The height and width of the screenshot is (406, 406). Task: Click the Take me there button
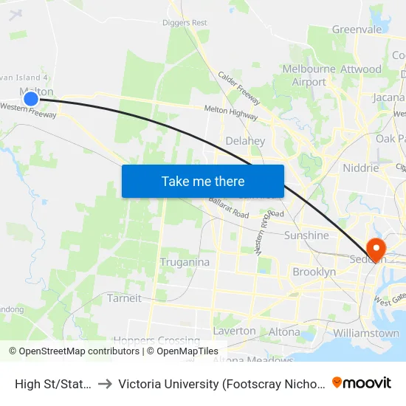click(x=203, y=181)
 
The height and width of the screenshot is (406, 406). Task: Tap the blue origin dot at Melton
click(x=30, y=98)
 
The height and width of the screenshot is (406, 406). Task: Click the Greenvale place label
click(x=357, y=30)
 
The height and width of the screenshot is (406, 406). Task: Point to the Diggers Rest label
click(x=185, y=22)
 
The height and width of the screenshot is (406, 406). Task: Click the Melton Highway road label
click(x=231, y=111)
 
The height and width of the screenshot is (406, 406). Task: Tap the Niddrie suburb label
click(x=360, y=168)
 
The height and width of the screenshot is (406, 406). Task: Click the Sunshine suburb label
click(x=306, y=235)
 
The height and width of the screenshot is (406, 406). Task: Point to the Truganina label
click(x=185, y=262)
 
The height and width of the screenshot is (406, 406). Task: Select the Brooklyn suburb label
click(x=314, y=272)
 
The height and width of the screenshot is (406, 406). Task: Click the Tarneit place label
click(x=124, y=298)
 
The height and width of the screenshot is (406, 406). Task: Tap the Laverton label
click(x=234, y=331)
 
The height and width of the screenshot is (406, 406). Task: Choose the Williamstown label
click(x=366, y=333)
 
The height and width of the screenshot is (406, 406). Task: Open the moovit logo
click(x=362, y=382)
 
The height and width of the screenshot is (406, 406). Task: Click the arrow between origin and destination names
click(x=104, y=383)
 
